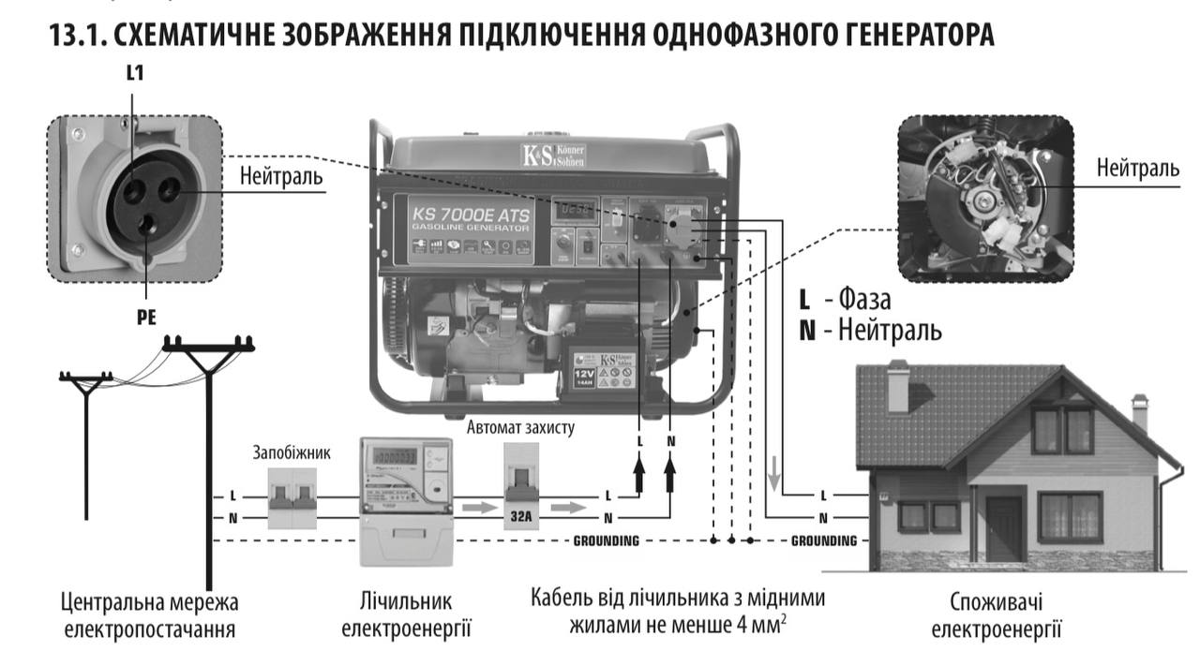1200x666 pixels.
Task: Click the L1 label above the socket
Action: [x=135, y=73]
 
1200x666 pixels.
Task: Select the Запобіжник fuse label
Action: [x=291, y=452]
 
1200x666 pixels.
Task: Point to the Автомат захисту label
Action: [x=520, y=427]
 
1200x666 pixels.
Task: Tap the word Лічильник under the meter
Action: [x=406, y=599]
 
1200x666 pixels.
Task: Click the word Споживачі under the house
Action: [x=996, y=600]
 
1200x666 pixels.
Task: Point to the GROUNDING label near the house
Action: [x=824, y=540]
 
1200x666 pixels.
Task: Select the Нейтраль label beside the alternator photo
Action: [x=1138, y=169]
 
